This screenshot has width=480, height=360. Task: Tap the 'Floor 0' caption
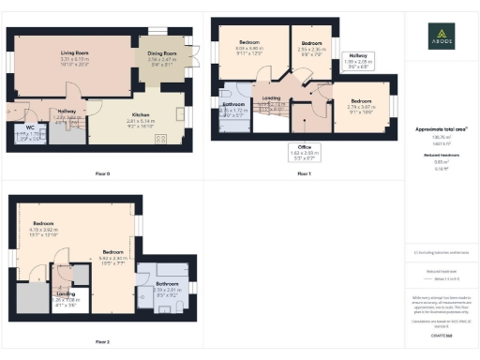tap(102, 173)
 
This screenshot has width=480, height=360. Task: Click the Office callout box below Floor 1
tap(303, 150)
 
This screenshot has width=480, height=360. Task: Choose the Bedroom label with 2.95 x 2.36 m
tap(312, 45)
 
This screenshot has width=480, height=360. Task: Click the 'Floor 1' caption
tap(304, 173)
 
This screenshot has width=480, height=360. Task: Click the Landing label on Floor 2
tap(66, 295)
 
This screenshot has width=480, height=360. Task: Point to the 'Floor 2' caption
tap(102, 341)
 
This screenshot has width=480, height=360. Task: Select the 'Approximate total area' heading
tap(440, 128)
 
